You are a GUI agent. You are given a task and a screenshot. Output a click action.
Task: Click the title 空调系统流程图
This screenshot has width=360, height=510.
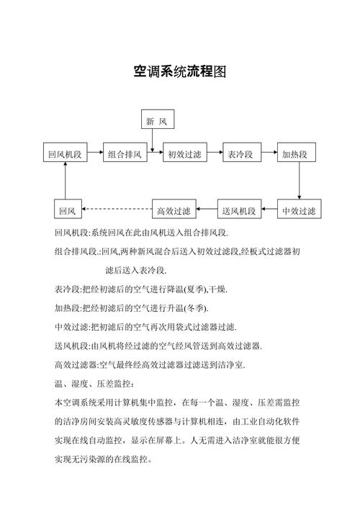click(x=180, y=72)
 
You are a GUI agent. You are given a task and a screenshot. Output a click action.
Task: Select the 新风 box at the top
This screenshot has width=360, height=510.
click(x=158, y=120)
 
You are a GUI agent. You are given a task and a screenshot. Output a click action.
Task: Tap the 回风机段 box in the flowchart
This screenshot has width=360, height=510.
click(x=65, y=154)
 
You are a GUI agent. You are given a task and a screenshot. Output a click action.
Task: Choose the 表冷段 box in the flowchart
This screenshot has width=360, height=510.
click(x=240, y=154)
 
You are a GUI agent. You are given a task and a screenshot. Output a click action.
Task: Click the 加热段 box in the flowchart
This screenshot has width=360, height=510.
click(x=294, y=154)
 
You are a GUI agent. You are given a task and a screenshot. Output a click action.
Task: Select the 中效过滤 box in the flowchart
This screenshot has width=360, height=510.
click(x=299, y=210)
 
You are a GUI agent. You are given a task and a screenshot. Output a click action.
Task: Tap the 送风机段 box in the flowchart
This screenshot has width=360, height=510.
click(x=238, y=210)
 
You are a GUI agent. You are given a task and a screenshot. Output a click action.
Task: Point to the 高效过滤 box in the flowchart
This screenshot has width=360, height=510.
click(x=174, y=210)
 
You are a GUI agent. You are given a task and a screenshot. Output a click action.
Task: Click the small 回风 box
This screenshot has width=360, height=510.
click(x=68, y=210)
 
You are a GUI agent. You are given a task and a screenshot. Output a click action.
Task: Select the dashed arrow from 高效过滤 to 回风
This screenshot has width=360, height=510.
click(x=117, y=210)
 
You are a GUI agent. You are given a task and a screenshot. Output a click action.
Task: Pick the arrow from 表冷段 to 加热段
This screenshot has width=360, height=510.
click(x=268, y=154)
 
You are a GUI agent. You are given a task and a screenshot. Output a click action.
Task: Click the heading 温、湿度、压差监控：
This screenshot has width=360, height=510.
click(x=94, y=382)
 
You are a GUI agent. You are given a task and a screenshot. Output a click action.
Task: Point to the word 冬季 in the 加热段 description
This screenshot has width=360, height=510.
click(x=194, y=308)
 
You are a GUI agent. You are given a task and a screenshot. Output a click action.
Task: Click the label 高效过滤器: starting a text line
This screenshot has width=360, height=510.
click(x=76, y=364)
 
